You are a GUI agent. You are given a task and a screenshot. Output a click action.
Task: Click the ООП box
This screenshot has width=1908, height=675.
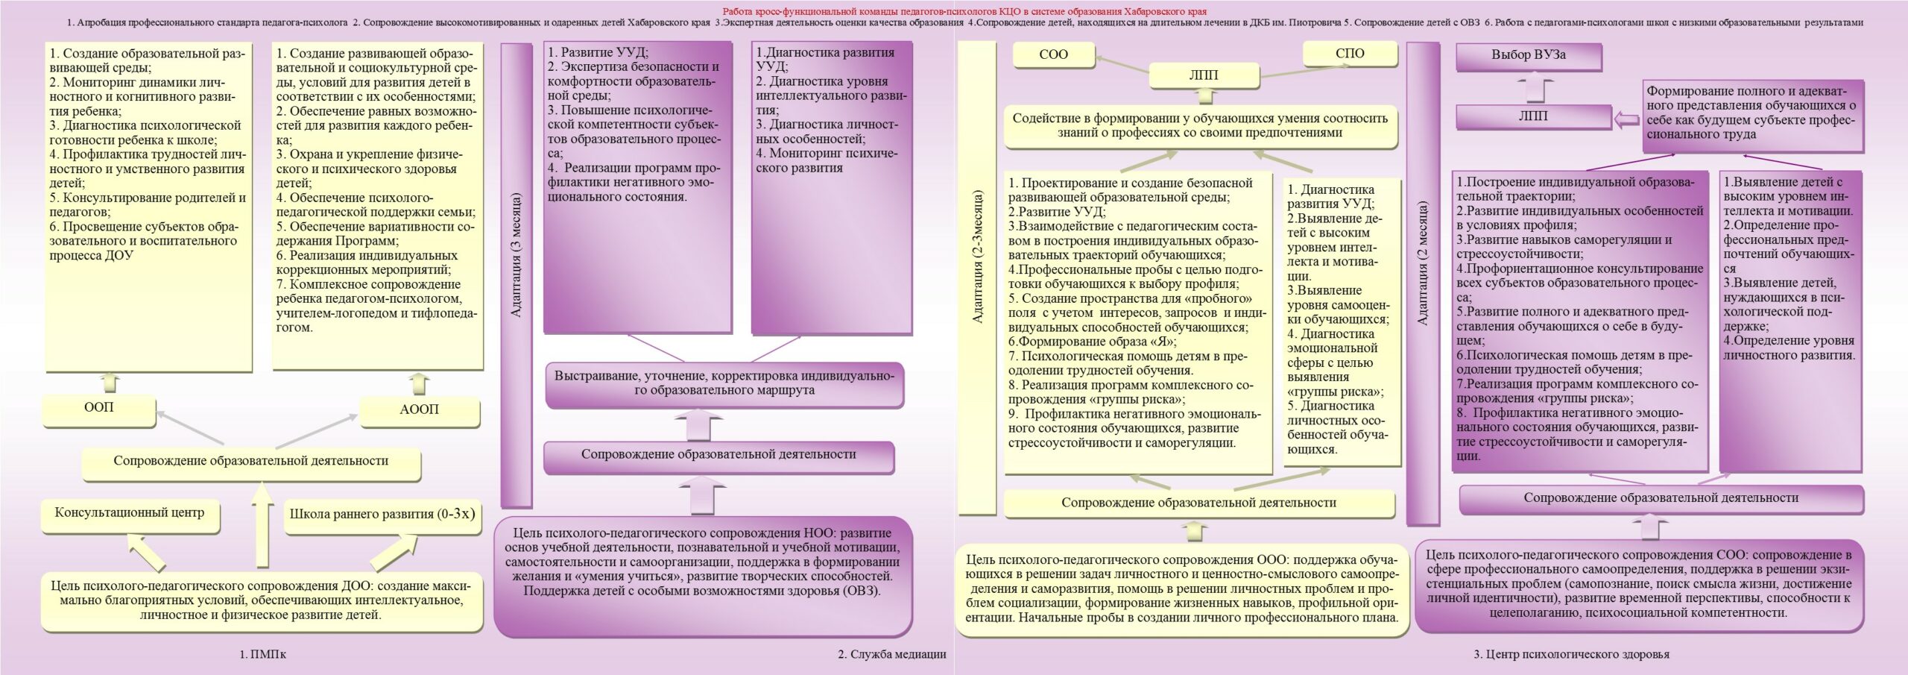coord(99,408)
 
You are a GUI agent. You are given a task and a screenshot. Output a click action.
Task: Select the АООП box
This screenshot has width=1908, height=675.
coord(419,409)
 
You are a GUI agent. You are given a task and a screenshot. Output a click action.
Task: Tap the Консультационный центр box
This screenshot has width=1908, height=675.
coord(130,513)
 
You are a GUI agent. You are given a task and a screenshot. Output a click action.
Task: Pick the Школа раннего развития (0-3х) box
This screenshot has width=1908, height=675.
coord(382,515)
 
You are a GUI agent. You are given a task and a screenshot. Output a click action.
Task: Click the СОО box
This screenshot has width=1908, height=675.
coord(1053,54)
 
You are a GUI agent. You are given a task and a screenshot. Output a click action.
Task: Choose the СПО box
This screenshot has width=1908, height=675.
coord(1350,54)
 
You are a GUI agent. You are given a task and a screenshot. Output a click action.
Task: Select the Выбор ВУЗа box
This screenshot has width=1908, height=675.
coord(1527,55)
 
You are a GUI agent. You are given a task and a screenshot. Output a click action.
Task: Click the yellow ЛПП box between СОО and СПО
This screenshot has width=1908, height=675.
coord(1204,75)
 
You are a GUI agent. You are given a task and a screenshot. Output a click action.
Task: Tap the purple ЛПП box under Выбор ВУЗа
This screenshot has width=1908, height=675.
coord(1532,116)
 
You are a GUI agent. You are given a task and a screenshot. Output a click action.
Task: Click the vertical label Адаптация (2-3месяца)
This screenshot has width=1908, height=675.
coord(977,256)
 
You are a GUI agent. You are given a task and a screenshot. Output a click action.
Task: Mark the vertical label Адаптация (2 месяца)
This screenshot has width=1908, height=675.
coord(1422,263)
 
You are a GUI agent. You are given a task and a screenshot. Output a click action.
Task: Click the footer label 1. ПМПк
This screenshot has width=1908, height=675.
coord(262,654)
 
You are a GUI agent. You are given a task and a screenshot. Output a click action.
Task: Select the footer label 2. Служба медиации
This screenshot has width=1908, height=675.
coord(891,654)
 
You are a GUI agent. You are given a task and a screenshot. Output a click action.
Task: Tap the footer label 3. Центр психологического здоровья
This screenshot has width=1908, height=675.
coord(1571,654)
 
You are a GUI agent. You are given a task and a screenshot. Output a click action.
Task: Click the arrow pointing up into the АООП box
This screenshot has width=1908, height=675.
coord(420,383)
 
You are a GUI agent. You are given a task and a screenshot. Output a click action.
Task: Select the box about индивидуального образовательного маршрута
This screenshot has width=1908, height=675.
coord(724,383)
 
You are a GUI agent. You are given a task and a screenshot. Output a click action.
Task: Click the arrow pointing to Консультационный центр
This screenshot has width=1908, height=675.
coord(147,553)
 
